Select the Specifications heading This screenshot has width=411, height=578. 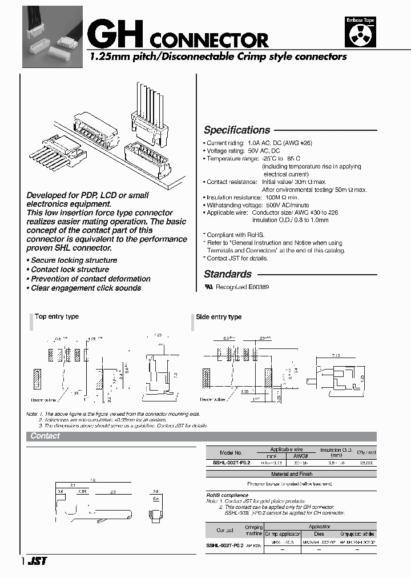coord(237,130)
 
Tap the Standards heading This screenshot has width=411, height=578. coord(227,274)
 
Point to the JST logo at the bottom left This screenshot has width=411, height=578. coord(38,561)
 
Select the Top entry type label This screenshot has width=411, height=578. coord(57,316)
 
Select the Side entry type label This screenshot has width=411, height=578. coord(219,317)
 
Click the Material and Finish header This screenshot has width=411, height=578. coord(292,474)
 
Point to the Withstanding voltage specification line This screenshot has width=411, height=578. coord(258,204)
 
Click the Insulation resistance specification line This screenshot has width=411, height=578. coord(251,196)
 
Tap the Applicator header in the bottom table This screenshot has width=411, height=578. coord(320,527)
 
